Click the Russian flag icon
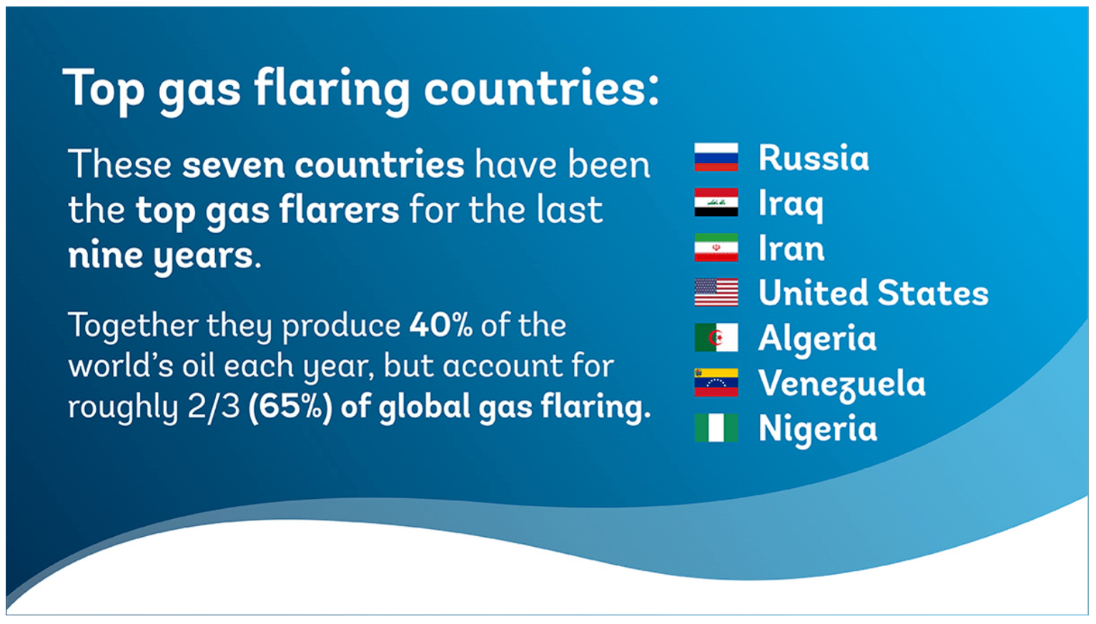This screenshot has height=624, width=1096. tap(716, 157)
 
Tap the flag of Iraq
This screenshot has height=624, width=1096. tap(716, 202)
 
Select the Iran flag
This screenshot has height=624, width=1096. tap(716, 247)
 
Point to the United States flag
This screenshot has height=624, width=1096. tap(716, 292)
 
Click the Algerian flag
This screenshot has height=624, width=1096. tap(716, 337)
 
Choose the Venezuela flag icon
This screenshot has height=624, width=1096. tap(716, 382)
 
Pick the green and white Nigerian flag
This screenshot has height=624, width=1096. tap(716, 427)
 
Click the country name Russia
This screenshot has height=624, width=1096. tap(814, 158)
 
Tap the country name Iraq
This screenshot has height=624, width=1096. tap(791, 205)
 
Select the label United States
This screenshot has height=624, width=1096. tap(874, 293)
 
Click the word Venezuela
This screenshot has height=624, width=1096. tap(841, 384)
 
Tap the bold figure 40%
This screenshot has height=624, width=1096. tap(441, 325)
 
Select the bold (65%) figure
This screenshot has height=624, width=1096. tap(290, 407)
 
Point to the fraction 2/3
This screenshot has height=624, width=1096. tap(214, 407)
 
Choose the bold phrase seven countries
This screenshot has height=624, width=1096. tap(323, 165)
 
